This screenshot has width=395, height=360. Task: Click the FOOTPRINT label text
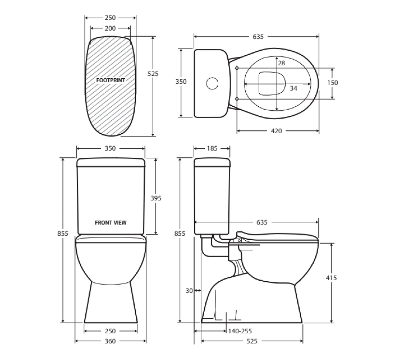tap(111, 80)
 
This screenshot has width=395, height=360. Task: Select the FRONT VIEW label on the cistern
tap(111, 223)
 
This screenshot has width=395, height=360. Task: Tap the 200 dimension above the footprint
tap(110, 28)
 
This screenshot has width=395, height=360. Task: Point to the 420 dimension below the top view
tap(276, 131)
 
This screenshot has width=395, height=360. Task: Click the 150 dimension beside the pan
tap(333, 83)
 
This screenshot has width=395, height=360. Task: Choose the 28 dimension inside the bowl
tap(281, 63)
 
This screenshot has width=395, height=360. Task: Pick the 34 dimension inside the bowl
tap(293, 88)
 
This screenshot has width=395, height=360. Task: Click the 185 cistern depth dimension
tap(212, 148)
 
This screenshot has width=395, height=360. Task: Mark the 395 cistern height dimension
tap(156, 198)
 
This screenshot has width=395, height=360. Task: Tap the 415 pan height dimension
tap(331, 278)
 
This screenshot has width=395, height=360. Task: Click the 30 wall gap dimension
tap(189, 291)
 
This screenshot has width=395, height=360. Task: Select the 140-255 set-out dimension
tap(240, 331)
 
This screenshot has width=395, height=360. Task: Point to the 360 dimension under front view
tap(110, 341)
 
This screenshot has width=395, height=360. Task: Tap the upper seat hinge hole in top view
tap(237, 68)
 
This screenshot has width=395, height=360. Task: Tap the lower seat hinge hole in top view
tap(237, 99)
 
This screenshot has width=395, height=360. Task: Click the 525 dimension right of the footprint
tap(153, 73)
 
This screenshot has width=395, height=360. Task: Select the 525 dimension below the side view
tap(252, 341)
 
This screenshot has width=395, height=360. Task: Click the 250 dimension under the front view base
tap(110, 331)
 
